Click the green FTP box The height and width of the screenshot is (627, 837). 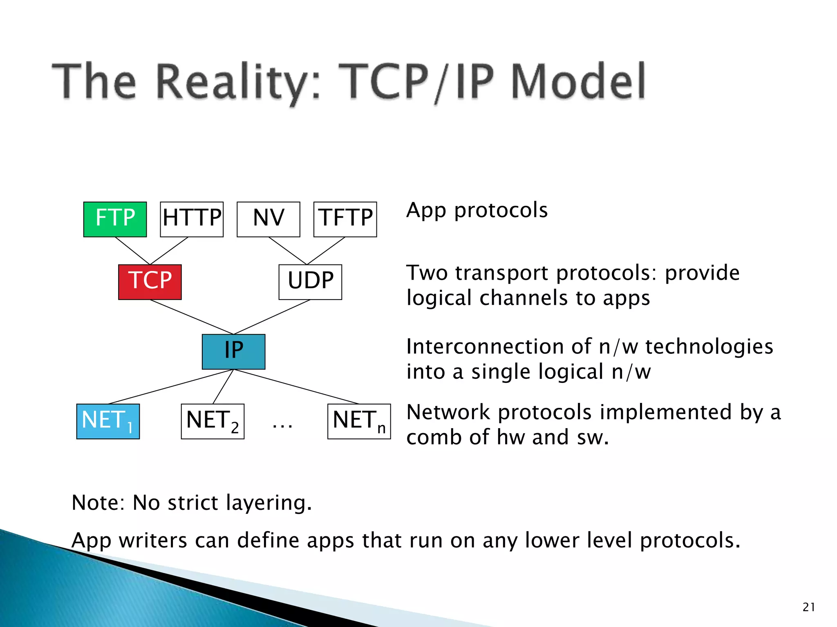pyautogui.click(x=115, y=219)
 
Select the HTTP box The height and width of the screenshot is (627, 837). pyautogui.click(x=192, y=219)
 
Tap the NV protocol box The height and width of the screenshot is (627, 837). pyautogui.click(x=268, y=219)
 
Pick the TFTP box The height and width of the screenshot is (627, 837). pyautogui.click(x=345, y=219)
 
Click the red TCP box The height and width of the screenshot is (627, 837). pyautogui.click(x=150, y=282)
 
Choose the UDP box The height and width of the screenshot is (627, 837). pyautogui.click(x=310, y=282)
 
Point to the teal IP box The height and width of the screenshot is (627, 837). pyautogui.click(x=233, y=351)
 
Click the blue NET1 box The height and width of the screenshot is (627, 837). pyautogui.click(x=108, y=421)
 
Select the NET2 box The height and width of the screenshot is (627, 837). pyautogui.click(x=213, y=421)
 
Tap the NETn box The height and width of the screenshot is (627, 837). pyautogui.click(x=359, y=421)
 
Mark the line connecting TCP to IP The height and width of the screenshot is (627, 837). pyautogui.click(x=192, y=317)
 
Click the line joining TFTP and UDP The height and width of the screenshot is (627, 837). pyautogui.click(x=326, y=251)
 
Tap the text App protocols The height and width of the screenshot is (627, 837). pyautogui.click(x=477, y=211)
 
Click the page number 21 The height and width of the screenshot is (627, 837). pyautogui.click(x=808, y=607)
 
